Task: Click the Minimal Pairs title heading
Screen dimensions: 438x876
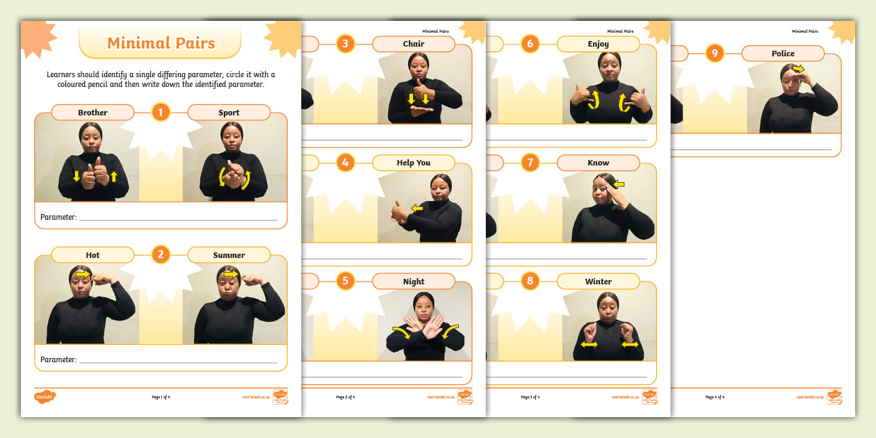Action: pos(161,43)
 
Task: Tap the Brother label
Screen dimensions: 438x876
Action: pos(92,113)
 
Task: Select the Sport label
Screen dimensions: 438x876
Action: pos(229,113)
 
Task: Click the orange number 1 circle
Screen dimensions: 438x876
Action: pos(161,112)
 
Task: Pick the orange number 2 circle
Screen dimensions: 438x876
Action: pos(161,254)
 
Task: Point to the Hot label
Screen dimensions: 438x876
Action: pos(92,255)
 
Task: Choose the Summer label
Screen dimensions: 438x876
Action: pos(229,255)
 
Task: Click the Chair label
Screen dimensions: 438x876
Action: pos(413,44)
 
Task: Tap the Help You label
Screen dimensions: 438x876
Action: pos(413,163)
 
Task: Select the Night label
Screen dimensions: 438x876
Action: pos(413,282)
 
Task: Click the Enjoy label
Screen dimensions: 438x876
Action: pos(598,44)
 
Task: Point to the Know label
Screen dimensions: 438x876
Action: pos(598,163)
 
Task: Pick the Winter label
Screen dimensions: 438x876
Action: pos(598,282)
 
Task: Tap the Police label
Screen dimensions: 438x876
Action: pos(783,54)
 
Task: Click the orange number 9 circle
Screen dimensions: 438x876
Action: pos(715,54)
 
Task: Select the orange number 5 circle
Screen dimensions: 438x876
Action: pos(346,282)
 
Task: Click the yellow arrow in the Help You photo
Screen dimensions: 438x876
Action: pos(417,207)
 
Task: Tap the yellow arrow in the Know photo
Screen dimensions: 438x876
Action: pos(618,185)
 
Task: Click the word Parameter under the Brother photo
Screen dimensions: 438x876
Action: pos(58,217)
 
